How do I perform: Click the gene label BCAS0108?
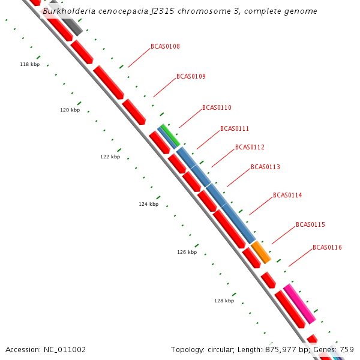[165, 46]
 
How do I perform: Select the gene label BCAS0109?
[191, 76]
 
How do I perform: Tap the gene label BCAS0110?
[217, 107]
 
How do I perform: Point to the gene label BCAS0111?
[235, 128]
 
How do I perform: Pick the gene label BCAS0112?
[250, 147]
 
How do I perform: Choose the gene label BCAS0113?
[265, 167]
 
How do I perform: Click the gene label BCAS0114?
[287, 195]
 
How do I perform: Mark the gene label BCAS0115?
[310, 224]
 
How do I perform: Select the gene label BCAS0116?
[327, 247]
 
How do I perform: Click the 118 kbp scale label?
[29, 64]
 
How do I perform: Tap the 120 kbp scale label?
[70, 110]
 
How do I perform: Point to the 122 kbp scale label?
[110, 157]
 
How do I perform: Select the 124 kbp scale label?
[148, 204]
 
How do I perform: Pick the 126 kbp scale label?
[187, 252]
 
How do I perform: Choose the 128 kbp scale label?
[224, 301]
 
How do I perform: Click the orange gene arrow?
[261, 252]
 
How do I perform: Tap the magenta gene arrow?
[299, 304]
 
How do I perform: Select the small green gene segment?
[170, 134]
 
